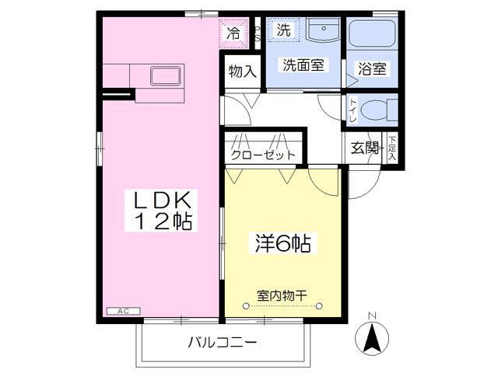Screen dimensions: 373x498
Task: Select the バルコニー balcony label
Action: tap(221, 343)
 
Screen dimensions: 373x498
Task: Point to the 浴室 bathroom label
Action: tap(372, 68)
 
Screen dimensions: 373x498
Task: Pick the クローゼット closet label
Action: tap(263, 154)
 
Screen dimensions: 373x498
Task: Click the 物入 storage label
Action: tap(242, 71)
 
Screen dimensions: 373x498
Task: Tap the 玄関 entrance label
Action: tap(364, 148)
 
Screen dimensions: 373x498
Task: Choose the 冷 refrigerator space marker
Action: tap(233, 33)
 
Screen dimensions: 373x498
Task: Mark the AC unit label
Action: tap(122, 311)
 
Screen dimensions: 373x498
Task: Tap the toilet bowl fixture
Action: tap(379, 110)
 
